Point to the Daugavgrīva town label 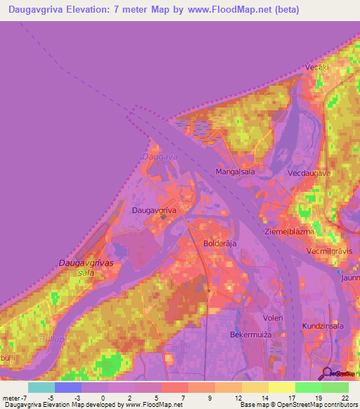[153, 210]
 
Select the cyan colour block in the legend [41, 387]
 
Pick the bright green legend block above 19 [308, 387]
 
